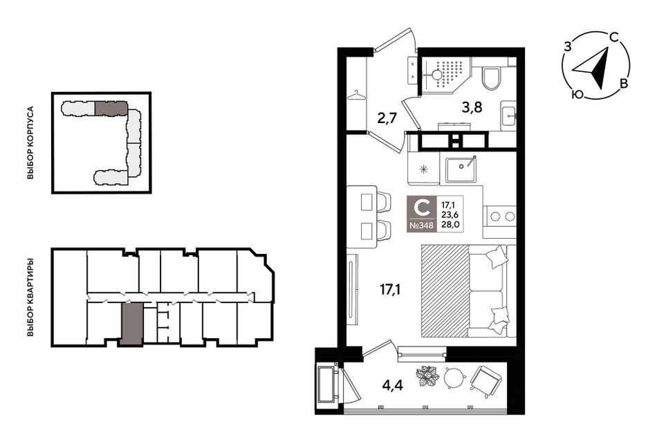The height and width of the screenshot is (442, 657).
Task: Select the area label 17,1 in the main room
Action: coord(390,289)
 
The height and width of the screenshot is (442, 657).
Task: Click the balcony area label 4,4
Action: coord(393,385)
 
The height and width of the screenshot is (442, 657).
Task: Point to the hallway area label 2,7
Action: coord(387,118)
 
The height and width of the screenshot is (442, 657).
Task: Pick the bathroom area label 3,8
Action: coord(472,108)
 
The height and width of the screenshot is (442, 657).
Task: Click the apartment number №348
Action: coord(422,225)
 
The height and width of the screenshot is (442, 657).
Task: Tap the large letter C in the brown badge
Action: coord(422,208)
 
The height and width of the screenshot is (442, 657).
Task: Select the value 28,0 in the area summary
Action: coord(450,224)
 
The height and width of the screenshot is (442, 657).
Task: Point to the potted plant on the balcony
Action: coord(427,376)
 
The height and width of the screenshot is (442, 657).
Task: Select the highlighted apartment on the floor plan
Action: coord(132,324)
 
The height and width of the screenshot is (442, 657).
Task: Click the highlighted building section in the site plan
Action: coord(111,108)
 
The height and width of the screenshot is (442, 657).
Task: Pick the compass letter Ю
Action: coord(577,95)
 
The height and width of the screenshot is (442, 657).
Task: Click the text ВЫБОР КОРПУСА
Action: coord(30,143)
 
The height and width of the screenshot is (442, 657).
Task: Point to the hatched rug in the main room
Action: coord(445,291)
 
